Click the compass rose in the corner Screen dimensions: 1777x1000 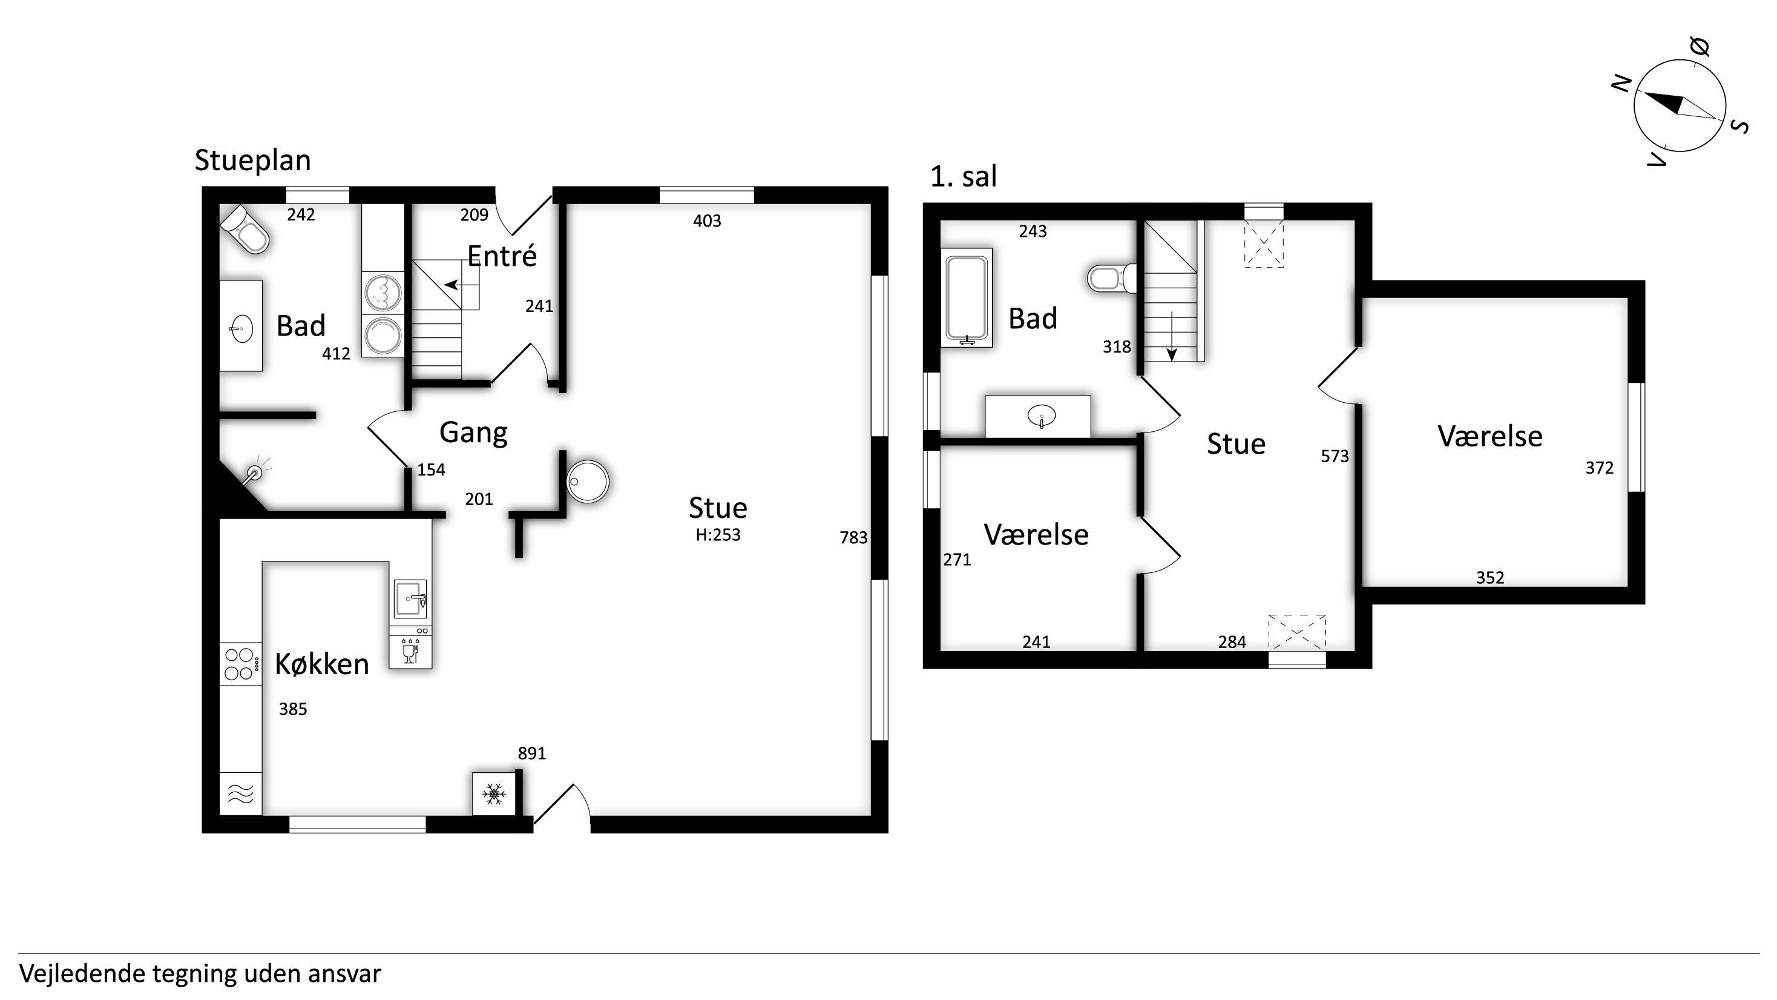(1680, 105)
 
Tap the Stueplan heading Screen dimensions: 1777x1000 (252, 160)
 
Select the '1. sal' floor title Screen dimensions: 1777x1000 (963, 177)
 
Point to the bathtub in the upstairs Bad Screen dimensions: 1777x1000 (967, 297)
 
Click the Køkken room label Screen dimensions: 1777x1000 (322, 664)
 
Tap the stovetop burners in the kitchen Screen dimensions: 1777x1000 (241, 664)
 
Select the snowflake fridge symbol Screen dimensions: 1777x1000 (494, 793)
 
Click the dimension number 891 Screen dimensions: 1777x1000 (532, 753)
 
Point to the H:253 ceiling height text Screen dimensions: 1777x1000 (718, 534)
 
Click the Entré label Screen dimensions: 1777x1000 (502, 256)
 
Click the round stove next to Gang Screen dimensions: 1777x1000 (588, 481)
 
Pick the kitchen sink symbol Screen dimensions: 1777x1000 (410, 598)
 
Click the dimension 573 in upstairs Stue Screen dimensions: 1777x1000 (1335, 456)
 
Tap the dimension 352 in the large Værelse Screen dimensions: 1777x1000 (1490, 577)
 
